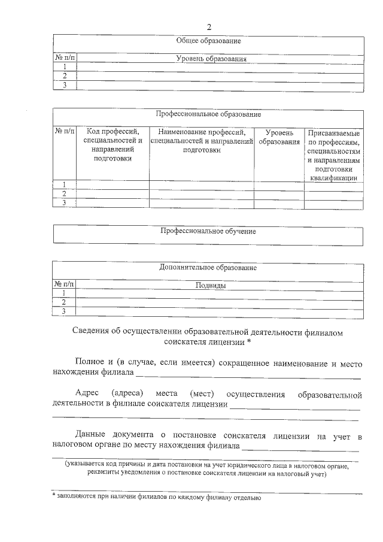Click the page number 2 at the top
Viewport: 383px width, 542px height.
pyautogui.click(x=209, y=27)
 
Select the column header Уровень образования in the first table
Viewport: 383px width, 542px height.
pyautogui.click(x=211, y=59)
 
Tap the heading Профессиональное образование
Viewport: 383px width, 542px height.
pyautogui.click(x=208, y=114)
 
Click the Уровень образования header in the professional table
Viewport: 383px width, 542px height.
pyautogui.click(x=279, y=137)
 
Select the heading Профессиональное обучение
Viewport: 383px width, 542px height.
pyautogui.click(x=208, y=231)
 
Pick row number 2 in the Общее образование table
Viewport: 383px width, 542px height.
pyautogui.click(x=65, y=76)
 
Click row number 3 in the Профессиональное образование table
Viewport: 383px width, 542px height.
pyautogui.click(x=65, y=203)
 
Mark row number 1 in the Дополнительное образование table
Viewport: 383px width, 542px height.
pyautogui.click(x=65, y=293)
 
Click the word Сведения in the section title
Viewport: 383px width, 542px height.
pyautogui.click(x=90, y=332)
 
